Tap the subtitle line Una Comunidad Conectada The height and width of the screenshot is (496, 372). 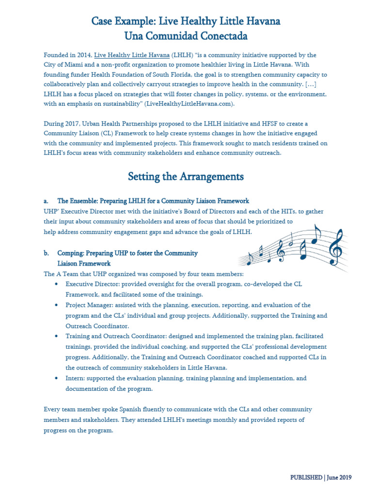click(186, 36)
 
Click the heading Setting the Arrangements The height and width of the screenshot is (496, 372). click(186, 176)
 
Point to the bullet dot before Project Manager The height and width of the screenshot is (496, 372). click(58, 305)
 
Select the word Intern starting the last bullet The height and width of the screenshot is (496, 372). click(75, 378)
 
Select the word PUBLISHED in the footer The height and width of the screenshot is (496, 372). click(306, 477)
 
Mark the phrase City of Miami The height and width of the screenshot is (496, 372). click(63, 65)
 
